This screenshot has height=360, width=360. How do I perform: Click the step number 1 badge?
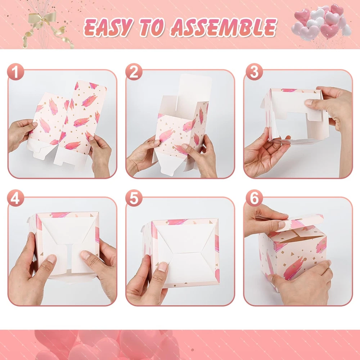pyautogui.click(x=15, y=72)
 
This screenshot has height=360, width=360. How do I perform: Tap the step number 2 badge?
pyautogui.click(x=134, y=72)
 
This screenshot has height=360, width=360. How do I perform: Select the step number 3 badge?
pyautogui.click(x=254, y=72)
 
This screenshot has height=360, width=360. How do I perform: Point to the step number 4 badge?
pyautogui.click(x=15, y=198)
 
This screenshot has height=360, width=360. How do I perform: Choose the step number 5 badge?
pyautogui.click(x=134, y=198)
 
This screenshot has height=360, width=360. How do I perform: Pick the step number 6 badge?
pyautogui.click(x=254, y=198)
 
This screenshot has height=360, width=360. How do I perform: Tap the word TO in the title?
pyautogui.click(x=152, y=28)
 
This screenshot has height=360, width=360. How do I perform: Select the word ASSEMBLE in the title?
pyautogui.click(x=224, y=28)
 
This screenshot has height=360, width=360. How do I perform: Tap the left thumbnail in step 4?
pyautogui.click(x=51, y=259)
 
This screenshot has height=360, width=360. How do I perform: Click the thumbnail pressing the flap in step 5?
pyautogui.click(x=163, y=267)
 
